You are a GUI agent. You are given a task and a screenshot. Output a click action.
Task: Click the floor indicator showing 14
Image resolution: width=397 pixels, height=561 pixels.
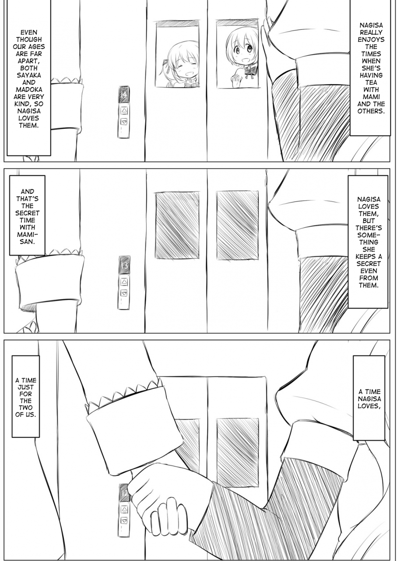click(124, 95)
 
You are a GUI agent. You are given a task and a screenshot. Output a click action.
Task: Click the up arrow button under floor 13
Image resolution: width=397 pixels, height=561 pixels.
click(124, 282)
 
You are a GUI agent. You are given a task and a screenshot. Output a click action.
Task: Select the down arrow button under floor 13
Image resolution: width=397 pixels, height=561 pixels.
click(124, 293)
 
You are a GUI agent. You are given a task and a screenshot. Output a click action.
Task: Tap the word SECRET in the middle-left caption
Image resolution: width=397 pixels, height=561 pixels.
click(27, 213)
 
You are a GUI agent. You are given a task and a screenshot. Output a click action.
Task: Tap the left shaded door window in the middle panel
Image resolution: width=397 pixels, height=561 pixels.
click(177, 225)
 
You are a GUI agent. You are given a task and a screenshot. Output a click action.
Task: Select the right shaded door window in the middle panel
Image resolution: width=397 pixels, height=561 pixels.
click(238, 225)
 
